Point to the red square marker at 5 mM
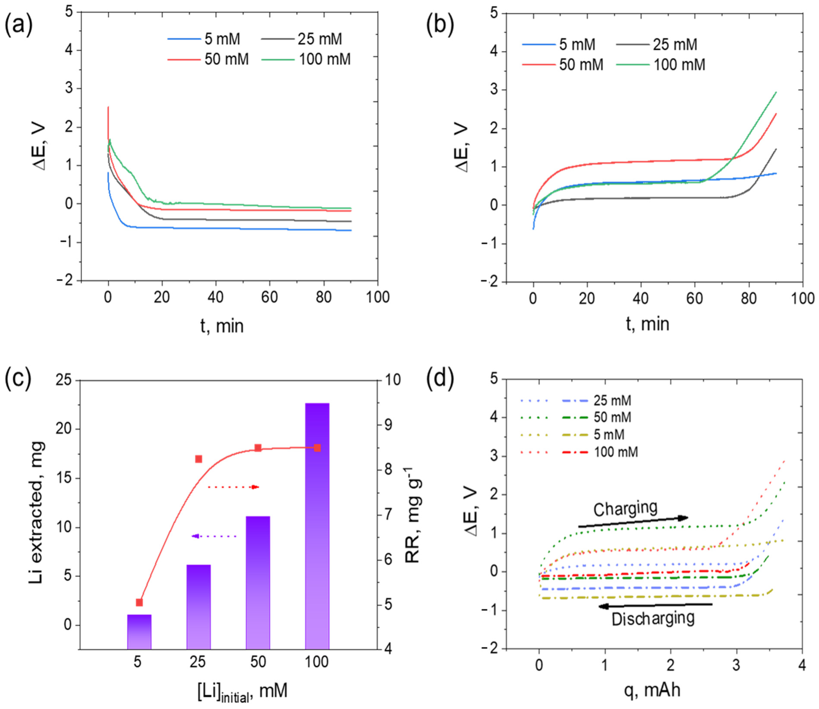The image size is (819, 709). tap(139, 602)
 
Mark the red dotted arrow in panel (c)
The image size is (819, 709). tap(233, 487)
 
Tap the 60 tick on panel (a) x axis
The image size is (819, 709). tap(269, 297)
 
